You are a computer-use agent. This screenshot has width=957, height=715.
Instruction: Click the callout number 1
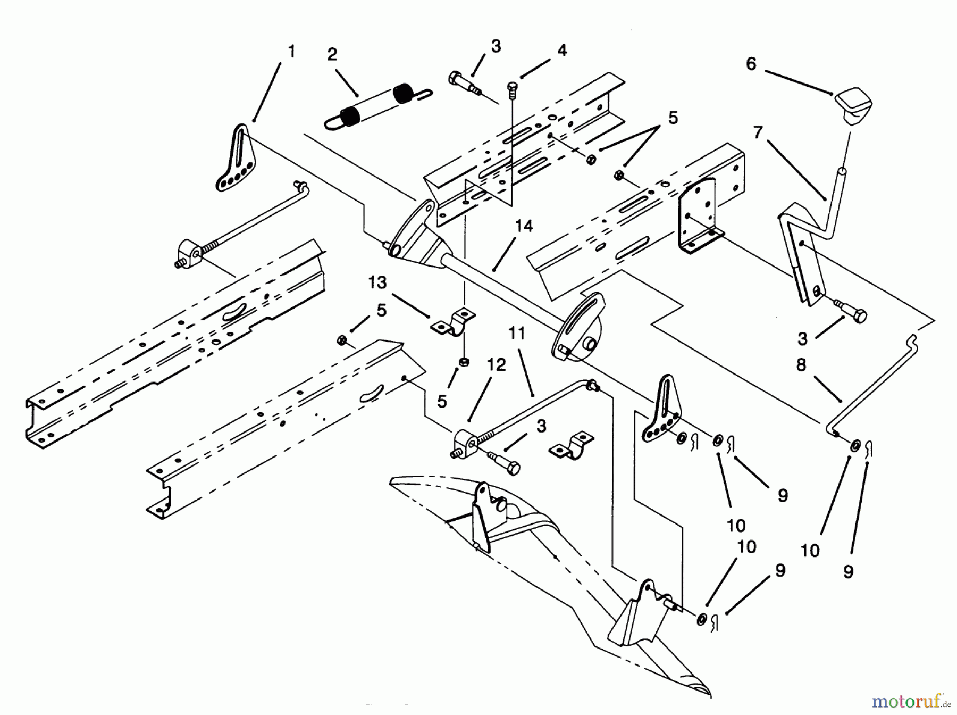click(291, 52)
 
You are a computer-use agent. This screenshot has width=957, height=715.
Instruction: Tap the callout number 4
click(562, 51)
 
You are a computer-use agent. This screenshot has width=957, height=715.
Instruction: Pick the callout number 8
click(801, 365)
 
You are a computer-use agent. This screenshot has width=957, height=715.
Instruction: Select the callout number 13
click(377, 282)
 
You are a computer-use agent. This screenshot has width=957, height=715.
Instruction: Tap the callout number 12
click(497, 365)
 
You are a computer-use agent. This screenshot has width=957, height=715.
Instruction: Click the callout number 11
click(517, 334)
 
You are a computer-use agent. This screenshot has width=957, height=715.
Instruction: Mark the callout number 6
click(751, 64)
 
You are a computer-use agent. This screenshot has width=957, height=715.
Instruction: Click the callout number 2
click(332, 55)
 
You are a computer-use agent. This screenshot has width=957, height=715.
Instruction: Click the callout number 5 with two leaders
click(673, 118)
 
